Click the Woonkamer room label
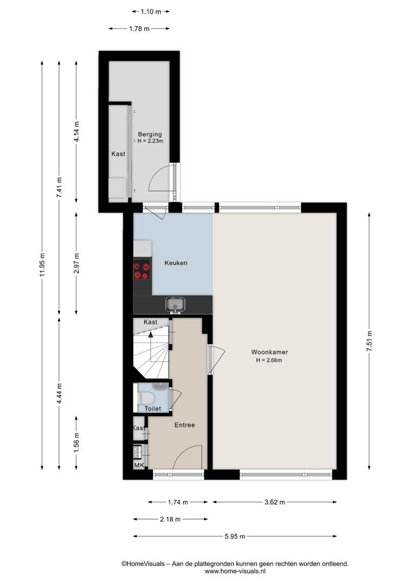[270, 352]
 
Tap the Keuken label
[176, 263]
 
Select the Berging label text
[150, 134]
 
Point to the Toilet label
[153, 408]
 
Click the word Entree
[185, 425]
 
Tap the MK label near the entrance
[139, 465]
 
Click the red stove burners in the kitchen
[141, 270]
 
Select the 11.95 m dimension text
[42, 265]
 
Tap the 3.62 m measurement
[274, 502]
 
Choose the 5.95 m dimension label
[235, 536]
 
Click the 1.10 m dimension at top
[151, 11]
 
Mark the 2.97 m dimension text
[76, 264]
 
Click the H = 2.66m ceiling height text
[269, 360]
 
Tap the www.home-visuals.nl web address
[235, 571]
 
